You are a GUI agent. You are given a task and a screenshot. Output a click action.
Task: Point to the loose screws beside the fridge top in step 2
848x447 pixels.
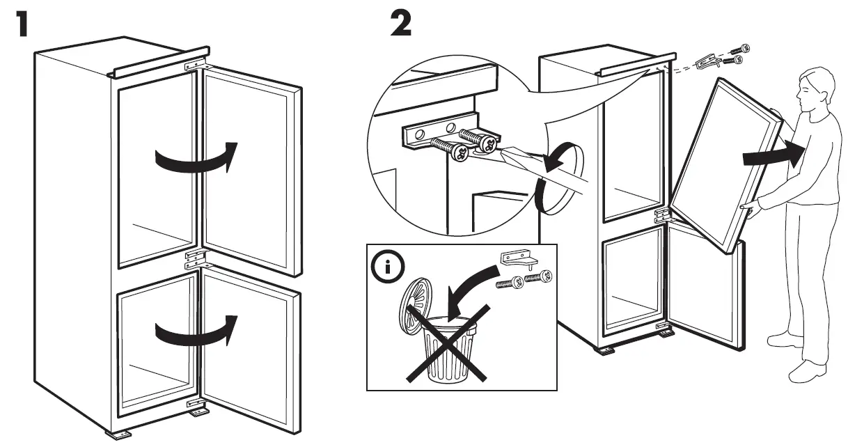[735, 55]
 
